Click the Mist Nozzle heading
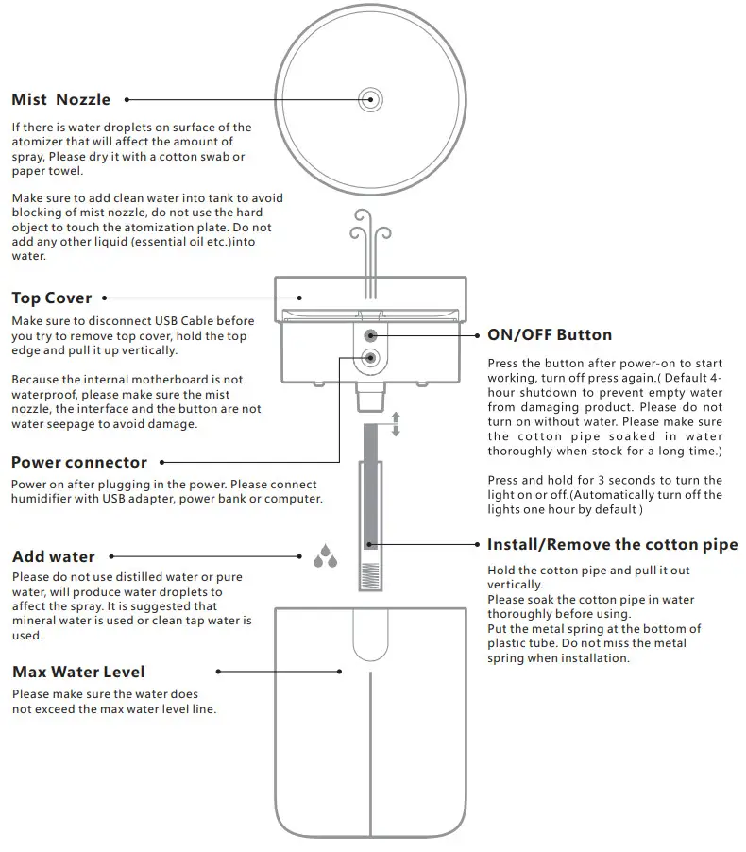(x=60, y=99)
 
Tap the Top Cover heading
(x=52, y=298)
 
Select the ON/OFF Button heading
(x=549, y=334)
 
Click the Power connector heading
(x=79, y=462)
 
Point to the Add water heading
(x=54, y=556)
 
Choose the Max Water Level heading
(x=78, y=672)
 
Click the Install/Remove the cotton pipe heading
(x=612, y=544)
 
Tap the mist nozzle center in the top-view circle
(x=369, y=98)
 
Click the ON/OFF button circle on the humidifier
(x=369, y=334)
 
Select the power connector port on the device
(x=369, y=357)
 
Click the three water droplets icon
(x=325, y=555)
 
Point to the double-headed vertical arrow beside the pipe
(x=396, y=424)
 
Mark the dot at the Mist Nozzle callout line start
(x=127, y=99)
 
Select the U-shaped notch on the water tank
(x=369, y=634)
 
